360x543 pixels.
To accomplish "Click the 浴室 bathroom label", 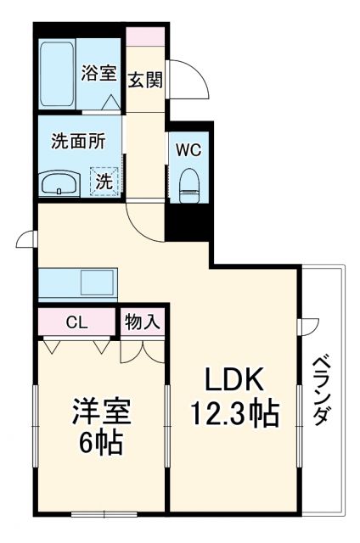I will coord(98,74).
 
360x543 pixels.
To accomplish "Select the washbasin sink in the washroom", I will coord(59,183).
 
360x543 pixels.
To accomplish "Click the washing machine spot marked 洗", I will coord(102,181).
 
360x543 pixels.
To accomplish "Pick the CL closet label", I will coord(76,322).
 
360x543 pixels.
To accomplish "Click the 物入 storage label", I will coord(143,322).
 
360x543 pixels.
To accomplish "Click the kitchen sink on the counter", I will coord(96,280).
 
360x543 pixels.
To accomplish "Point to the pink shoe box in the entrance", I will coord(145,37).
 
